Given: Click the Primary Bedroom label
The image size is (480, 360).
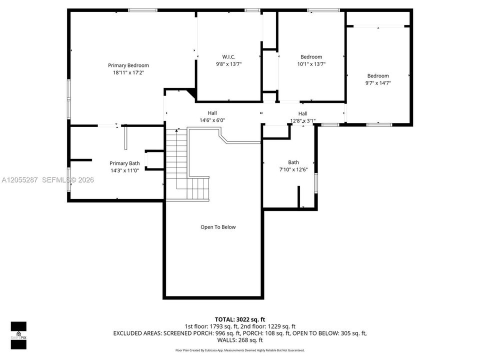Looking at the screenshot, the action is (x=128, y=65).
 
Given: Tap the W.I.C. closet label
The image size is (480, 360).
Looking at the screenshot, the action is (x=228, y=56).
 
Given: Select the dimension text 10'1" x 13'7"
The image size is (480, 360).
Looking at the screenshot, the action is (x=311, y=64).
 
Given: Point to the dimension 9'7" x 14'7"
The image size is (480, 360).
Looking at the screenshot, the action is (x=378, y=83).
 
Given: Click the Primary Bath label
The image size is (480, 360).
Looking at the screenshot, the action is (x=124, y=163).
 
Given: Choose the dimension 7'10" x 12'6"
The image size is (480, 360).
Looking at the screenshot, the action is (x=293, y=169).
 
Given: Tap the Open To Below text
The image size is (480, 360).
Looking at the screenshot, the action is (x=218, y=227).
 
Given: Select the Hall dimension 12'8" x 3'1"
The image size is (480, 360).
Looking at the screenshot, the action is (x=303, y=121).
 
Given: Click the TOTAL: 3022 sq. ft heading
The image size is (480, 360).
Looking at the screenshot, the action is (x=239, y=319).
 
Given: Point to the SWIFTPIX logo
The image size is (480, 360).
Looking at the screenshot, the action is (x=18, y=335).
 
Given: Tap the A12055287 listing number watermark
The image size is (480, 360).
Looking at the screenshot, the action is (x=19, y=180).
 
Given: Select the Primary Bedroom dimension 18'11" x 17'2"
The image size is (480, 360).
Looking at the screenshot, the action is (x=128, y=72).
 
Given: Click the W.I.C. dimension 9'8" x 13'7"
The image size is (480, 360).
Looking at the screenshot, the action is (x=228, y=64).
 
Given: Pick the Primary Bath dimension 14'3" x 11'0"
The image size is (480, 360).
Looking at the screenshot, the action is (x=124, y=170).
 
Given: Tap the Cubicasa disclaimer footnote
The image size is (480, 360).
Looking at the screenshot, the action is (x=239, y=350).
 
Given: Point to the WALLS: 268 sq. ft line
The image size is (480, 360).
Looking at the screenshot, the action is (x=239, y=340).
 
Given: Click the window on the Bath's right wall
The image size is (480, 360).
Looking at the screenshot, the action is (x=316, y=183).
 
